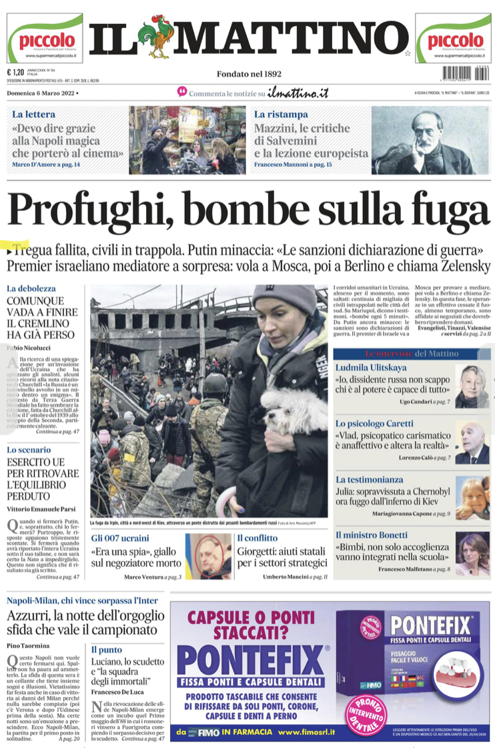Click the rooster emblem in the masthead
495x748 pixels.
tap(158, 39)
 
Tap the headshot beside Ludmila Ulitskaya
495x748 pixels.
tap(472, 386)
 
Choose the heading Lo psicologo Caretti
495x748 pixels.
tap(374, 424)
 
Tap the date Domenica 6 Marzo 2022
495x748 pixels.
tap(41, 93)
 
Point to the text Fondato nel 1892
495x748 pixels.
tap(249, 74)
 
